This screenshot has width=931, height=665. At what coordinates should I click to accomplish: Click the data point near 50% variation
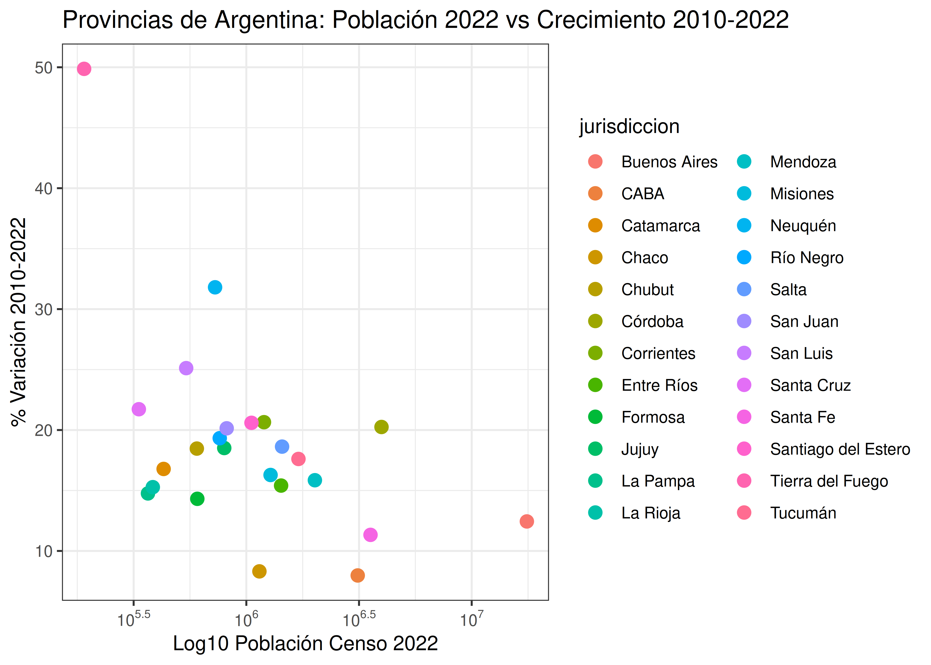[x=84, y=69]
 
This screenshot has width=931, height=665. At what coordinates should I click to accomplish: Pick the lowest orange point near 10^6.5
[x=357, y=575]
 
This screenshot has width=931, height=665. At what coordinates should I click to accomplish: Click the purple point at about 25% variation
[x=186, y=368]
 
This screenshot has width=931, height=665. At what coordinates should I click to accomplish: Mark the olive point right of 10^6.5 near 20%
[x=381, y=427]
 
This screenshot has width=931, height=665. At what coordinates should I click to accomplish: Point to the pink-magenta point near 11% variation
[x=370, y=535]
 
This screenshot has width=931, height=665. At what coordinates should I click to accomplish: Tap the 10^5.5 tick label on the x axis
[x=133, y=619]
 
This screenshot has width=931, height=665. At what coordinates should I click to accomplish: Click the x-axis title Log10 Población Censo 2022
[x=305, y=643]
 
